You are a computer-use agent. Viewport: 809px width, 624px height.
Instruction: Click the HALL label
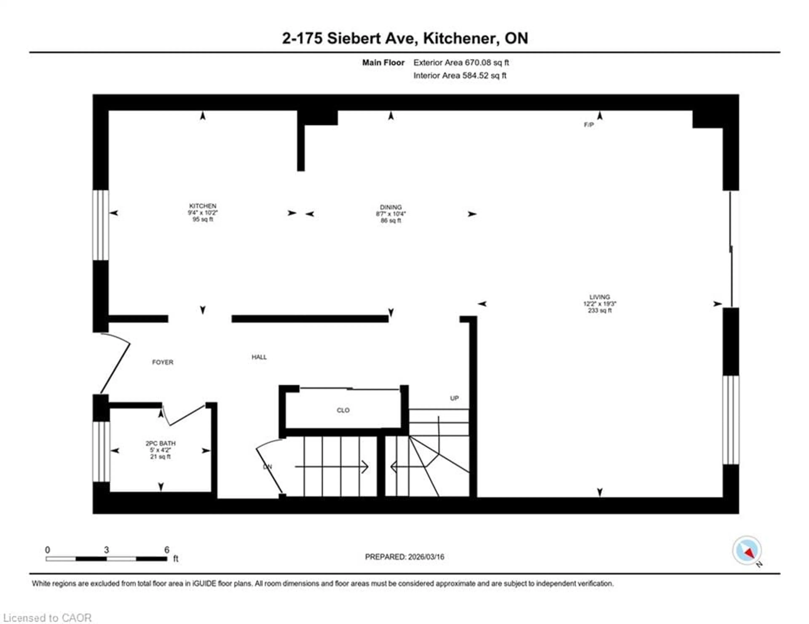pyautogui.click(x=259, y=357)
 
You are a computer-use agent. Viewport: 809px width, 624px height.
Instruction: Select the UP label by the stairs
pyautogui.click(x=454, y=398)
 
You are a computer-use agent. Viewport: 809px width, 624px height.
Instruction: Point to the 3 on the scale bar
pyautogui.click(x=106, y=550)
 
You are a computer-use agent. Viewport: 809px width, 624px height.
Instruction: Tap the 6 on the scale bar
pyautogui.click(x=167, y=550)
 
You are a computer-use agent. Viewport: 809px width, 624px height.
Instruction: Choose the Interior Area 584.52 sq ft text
pyautogui.click(x=460, y=76)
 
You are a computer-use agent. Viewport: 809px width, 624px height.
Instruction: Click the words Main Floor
pyautogui.click(x=383, y=63)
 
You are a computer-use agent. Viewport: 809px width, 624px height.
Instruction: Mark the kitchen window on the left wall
pyautogui.click(x=100, y=225)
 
